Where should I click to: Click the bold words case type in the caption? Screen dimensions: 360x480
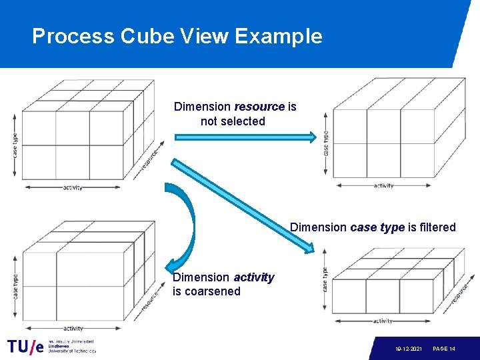click(x=377, y=227)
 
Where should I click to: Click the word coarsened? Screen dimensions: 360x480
click(x=215, y=291)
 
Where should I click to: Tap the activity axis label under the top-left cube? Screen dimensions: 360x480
click(x=73, y=188)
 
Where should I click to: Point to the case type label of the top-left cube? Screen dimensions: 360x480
click(x=15, y=145)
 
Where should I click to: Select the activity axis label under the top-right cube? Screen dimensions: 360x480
click(x=383, y=186)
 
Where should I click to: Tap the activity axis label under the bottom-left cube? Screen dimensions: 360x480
click(x=73, y=328)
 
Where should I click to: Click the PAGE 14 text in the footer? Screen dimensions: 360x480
click(x=444, y=349)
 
